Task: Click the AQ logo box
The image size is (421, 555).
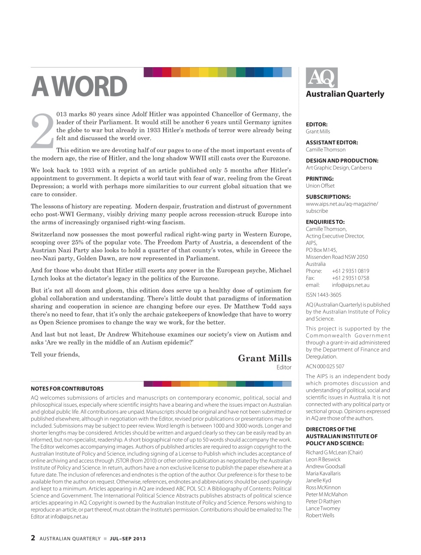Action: point(321,78)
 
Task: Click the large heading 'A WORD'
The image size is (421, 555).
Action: point(79,87)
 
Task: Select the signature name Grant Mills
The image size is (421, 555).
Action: point(264,358)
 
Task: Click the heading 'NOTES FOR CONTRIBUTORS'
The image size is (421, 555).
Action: point(67,388)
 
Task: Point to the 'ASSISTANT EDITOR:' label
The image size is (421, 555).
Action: point(332,142)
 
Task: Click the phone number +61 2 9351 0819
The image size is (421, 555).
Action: point(350,271)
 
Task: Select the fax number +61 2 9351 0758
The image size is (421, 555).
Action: point(350,278)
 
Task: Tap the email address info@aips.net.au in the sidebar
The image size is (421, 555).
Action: point(350,285)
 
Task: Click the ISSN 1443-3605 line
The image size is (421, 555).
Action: point(323,295)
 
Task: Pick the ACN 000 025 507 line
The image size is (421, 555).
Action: point(325,366)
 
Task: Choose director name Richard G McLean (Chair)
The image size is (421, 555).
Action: point(334,452)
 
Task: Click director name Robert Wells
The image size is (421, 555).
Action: point(320,515)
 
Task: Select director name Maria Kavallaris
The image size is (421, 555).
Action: point(323,473)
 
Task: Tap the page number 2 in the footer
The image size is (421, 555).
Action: point(33,538)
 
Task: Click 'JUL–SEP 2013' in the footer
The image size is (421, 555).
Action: point(127,539)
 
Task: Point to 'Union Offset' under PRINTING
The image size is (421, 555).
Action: point(320,186)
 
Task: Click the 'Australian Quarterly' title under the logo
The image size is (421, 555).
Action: point(345,94)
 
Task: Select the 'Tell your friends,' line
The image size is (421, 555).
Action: point(55,354)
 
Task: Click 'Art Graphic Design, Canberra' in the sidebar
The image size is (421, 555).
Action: point(339,167)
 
